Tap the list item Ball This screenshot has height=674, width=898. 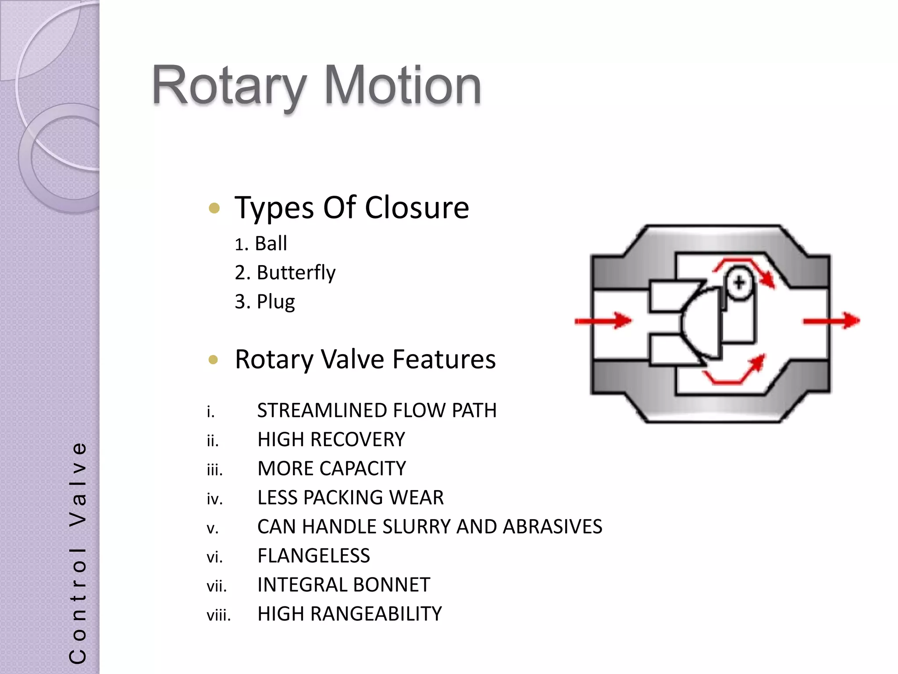(x=271, y=244)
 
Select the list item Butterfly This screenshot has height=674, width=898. (x=296, y=272)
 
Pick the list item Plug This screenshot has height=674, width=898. (x=275, y=301)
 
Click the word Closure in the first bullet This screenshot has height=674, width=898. (x=417, y=208)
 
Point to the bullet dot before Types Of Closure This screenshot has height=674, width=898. (x=214, y=208)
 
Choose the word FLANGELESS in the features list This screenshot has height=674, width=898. (x=314, y=556)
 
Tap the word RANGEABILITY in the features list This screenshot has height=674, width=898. (x=376, y=614)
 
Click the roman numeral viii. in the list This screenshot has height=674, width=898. (x=218, y=615)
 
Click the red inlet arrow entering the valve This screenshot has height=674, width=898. (x=603, y=321)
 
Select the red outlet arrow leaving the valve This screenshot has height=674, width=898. (x=831, y=321)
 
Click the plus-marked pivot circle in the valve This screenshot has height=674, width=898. (x=739, y=283)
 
